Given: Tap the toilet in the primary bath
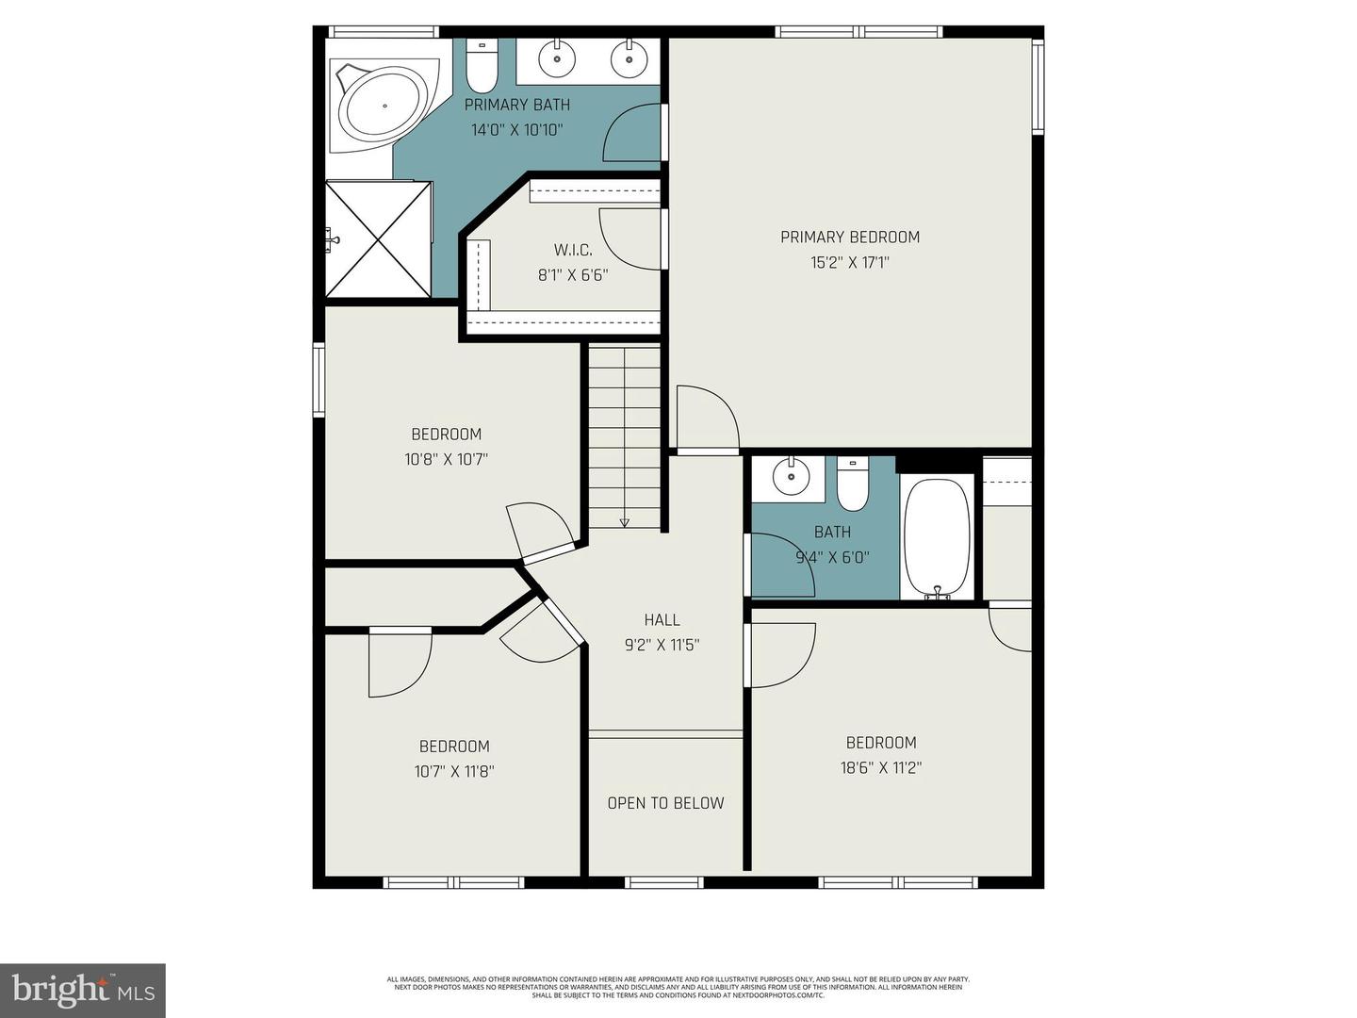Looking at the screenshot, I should [x=482, y=65].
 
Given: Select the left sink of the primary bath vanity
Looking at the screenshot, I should [x=559, y=58].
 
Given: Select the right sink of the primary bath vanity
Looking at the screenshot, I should [x=629, y=59].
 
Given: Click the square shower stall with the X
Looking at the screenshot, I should [x=378, y=239].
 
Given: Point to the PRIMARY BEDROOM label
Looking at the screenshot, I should [x=849, y=238].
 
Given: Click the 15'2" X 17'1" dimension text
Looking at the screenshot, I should [x=849, y=263].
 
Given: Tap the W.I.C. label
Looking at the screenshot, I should [x=573, y=250].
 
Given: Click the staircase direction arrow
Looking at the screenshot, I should [x=624, y=521].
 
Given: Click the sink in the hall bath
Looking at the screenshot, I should [x=791, y=477].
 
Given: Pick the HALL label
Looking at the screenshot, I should [x=662, y=620].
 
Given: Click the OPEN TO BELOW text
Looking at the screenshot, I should [x=665, y=803].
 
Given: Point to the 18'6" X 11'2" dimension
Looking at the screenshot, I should [x=880, y=768].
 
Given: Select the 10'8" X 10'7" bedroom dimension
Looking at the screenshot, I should [x=446, y=460].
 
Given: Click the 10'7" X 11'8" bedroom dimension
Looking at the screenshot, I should [x=454, y=772].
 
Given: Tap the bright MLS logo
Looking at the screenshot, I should [x=83, y=990].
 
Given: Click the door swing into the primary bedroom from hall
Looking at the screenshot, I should [x=707, y=419].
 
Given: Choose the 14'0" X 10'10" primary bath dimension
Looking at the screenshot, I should [x=516, y=130].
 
